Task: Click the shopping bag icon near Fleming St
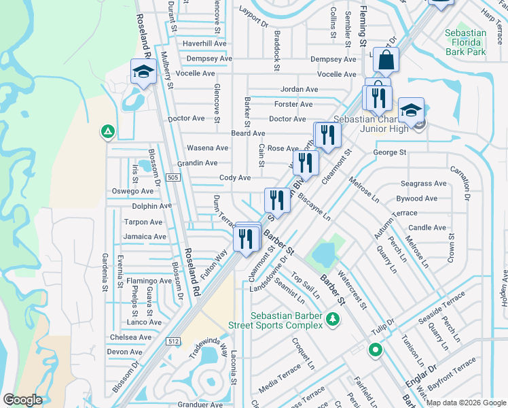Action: click(386, 61)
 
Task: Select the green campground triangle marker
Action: click(107, 131)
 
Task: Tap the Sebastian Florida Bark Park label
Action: click(465, 42)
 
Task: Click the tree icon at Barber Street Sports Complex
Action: click(332, 319)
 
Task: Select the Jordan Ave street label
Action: click(300, 89)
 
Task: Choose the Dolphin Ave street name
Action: click(152, 206)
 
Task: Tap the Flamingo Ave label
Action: click(149, 281)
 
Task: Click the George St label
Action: click(389, 153)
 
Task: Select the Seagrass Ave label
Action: click(423, 184)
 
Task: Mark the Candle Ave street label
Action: click(427, 228)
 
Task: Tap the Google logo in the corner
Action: click(23, 400)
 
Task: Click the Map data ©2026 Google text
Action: click(466, 403)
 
